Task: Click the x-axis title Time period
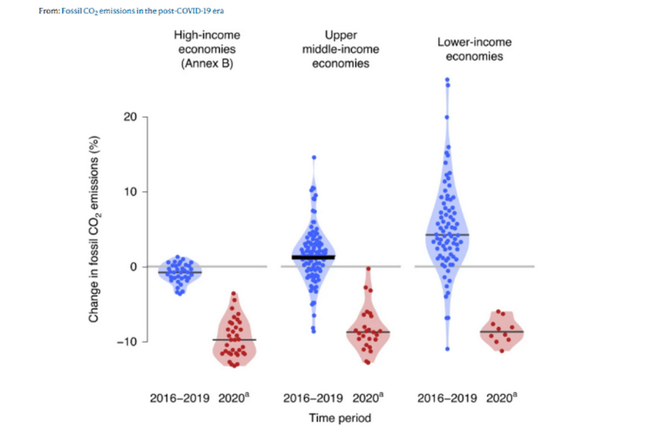[340, 418]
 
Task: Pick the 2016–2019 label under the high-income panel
[180, 398]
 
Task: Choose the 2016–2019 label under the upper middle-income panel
[313, 398]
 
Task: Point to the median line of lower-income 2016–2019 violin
[447, 234]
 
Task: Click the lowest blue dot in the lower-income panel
[447, 349]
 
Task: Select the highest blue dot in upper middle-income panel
[314, 158]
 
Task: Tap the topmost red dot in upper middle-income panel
[368, 268]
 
